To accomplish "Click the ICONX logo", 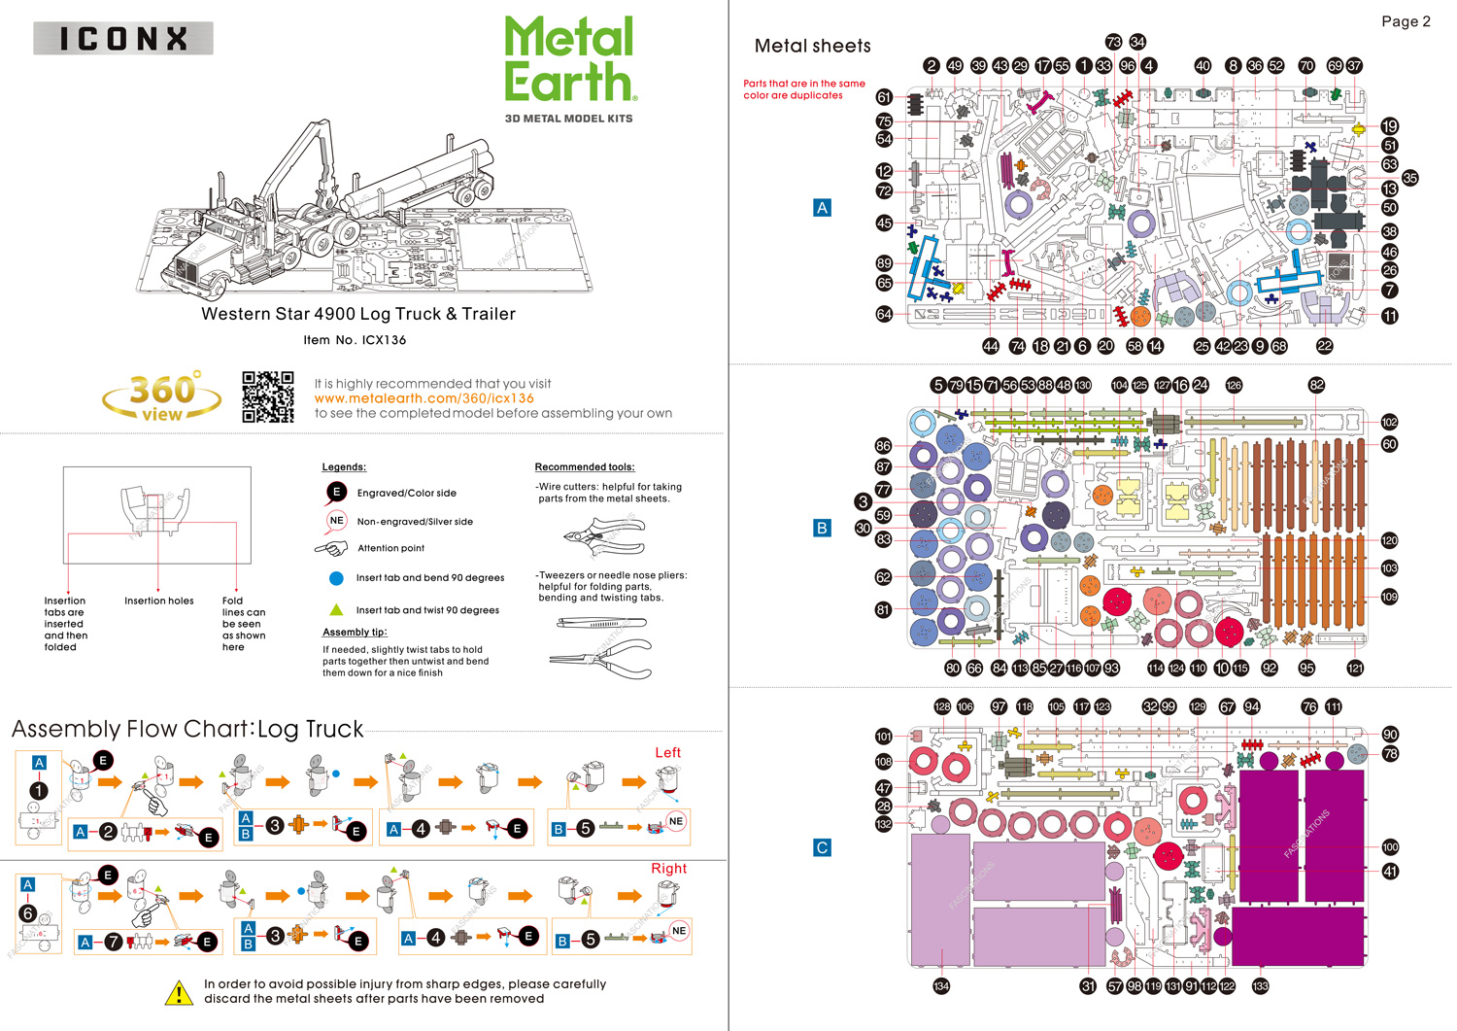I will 123,39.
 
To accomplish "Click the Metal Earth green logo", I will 570,60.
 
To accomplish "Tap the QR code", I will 267,396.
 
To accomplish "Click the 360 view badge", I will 162,396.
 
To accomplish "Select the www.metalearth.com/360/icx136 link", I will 424,398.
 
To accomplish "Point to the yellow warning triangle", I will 179,992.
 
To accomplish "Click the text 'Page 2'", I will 1406,21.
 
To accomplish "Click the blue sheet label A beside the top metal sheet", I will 822,207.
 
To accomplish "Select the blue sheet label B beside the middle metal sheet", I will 822,528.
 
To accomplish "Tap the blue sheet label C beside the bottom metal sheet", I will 822,847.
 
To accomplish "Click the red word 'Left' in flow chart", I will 667,752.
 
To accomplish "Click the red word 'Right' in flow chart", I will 668,868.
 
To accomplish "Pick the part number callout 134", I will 940,986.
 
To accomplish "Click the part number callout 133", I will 1260,986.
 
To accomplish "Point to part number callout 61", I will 884,97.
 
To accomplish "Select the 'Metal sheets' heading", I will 812,46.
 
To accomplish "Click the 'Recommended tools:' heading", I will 585,467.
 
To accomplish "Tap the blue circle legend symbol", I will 336,578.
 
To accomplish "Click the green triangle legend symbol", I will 336,610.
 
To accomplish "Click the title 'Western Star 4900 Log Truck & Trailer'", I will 358,314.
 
